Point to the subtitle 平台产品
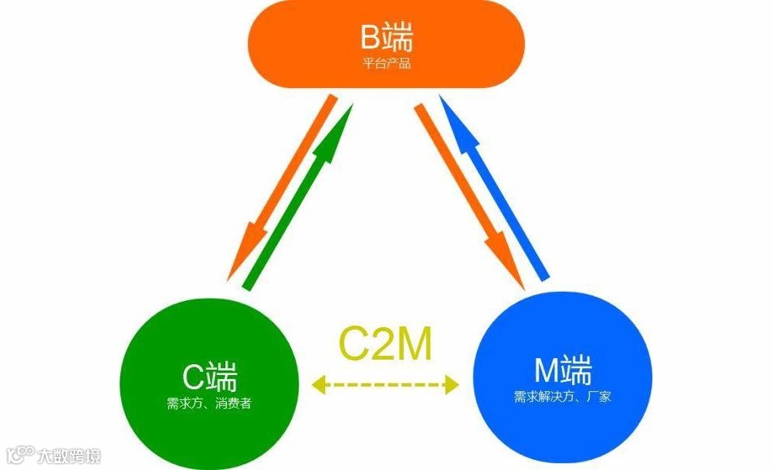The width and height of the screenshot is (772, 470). [387, 63]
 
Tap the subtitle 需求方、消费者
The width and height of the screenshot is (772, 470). [209, 403]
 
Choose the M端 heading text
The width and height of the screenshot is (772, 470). [563, 371]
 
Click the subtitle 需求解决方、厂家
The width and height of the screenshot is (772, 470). [563, 397]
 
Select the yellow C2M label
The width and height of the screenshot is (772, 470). [386, 344]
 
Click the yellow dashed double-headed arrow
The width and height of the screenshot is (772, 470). [386, 383]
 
